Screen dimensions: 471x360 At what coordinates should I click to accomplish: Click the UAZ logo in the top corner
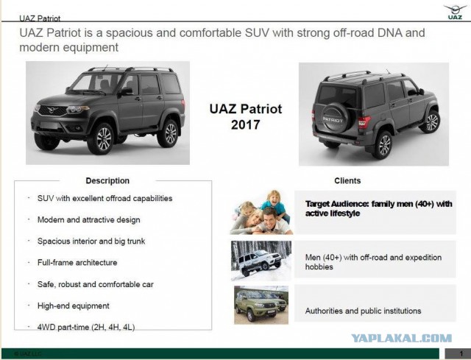tap(455, 12)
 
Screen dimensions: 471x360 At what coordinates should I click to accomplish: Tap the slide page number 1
tap(461, 353)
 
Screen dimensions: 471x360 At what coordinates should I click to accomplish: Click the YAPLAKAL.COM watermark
tap(402, 339)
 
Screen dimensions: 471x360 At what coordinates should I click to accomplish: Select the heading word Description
tap(107, 180)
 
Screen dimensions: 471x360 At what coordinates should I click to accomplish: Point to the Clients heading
tap(347, 180)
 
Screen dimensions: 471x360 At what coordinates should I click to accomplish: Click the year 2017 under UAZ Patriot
tap(245, 124)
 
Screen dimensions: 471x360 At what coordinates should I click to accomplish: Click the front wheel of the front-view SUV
tap(102, 139)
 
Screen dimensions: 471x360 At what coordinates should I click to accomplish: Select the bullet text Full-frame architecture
tap(77, 263)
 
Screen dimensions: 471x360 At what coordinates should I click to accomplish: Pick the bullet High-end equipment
tap(74, 306)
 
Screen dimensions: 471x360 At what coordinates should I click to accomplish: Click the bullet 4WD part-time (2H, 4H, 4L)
tap(86, 328)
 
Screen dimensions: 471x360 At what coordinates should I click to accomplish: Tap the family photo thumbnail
tap(261, 212)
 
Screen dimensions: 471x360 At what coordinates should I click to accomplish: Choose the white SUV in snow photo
tap(261, 261)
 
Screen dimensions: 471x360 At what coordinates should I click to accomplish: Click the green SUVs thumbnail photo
tap(261, 305)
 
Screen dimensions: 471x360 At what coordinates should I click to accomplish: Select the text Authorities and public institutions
tap(363, 311)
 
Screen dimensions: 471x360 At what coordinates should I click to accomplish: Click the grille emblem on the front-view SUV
tap(52, 110)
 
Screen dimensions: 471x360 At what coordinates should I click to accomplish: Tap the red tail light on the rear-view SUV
tap(364, 121)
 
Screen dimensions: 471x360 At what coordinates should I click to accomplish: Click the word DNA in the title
tap(389, 32)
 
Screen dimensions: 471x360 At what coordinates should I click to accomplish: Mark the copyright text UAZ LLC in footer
tap(28, 353)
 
